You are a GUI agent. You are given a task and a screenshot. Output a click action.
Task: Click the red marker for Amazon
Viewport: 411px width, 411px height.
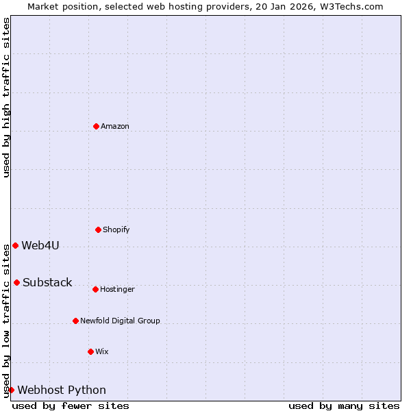[x=96, y=126]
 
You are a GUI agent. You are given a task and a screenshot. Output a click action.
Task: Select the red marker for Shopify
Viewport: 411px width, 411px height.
[x=98, y=229]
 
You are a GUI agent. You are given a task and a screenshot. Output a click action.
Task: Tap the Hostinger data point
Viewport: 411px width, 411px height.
[x=95, y=289]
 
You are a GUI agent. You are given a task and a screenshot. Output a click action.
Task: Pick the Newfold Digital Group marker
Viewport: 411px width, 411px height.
[x=75, y=321]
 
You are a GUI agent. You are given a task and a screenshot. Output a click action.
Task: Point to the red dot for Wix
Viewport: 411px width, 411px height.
[x=90, y=351]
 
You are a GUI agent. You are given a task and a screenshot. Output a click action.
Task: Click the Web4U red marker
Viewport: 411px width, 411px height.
[x=15, y=245]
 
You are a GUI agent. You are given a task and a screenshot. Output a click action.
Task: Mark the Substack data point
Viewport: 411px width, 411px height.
[x=16, y=282]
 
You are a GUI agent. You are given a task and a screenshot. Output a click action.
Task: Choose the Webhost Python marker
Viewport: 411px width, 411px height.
[x=11, y=390]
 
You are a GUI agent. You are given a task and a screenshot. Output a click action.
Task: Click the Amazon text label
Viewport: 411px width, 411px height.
[x=115, y=126]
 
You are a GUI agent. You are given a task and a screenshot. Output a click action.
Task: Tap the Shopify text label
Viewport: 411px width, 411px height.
[x=116, y=229]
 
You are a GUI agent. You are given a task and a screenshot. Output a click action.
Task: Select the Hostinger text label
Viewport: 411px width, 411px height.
[x=117, y=289]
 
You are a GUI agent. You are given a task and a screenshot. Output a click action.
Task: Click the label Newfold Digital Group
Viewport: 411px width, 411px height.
[x=120, y=321]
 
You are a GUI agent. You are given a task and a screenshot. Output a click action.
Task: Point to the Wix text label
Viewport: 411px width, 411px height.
[x=102, y=351]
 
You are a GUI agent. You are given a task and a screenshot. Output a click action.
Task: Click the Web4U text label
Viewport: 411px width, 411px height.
[x=40, y=245]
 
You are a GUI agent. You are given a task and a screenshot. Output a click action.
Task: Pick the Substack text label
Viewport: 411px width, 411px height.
[x=47, y=282]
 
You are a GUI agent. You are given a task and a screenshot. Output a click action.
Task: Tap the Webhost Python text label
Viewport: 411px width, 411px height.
[x=62, y=390]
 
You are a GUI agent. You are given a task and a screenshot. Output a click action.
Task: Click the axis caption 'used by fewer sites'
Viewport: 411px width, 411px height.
[x=71, y=406]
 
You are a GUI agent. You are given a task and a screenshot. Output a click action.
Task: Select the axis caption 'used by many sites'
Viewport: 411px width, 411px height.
[x=344, y=406]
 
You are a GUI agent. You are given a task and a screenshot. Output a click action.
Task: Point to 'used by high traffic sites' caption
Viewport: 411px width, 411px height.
[x=6, y=97]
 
